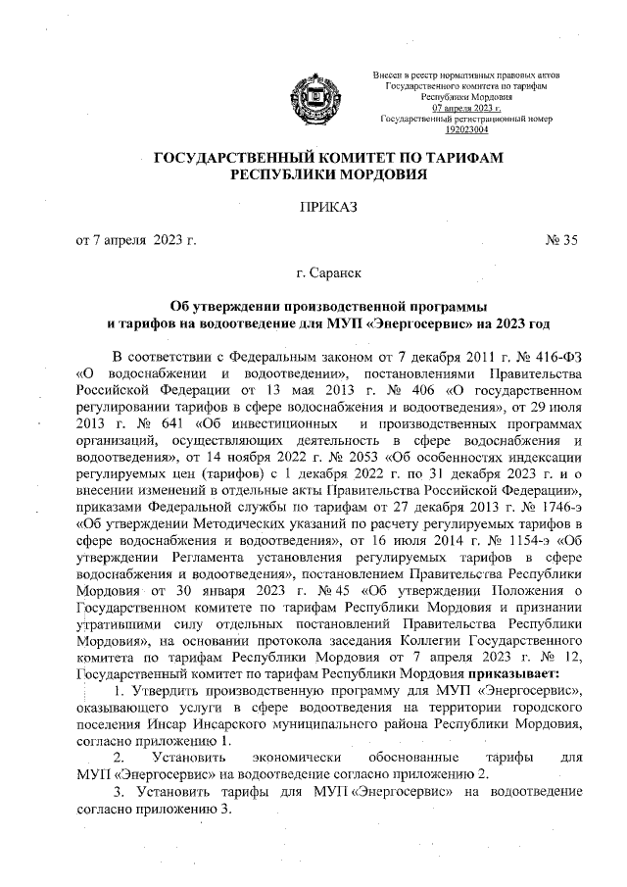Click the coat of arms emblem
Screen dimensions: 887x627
(314, 98)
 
